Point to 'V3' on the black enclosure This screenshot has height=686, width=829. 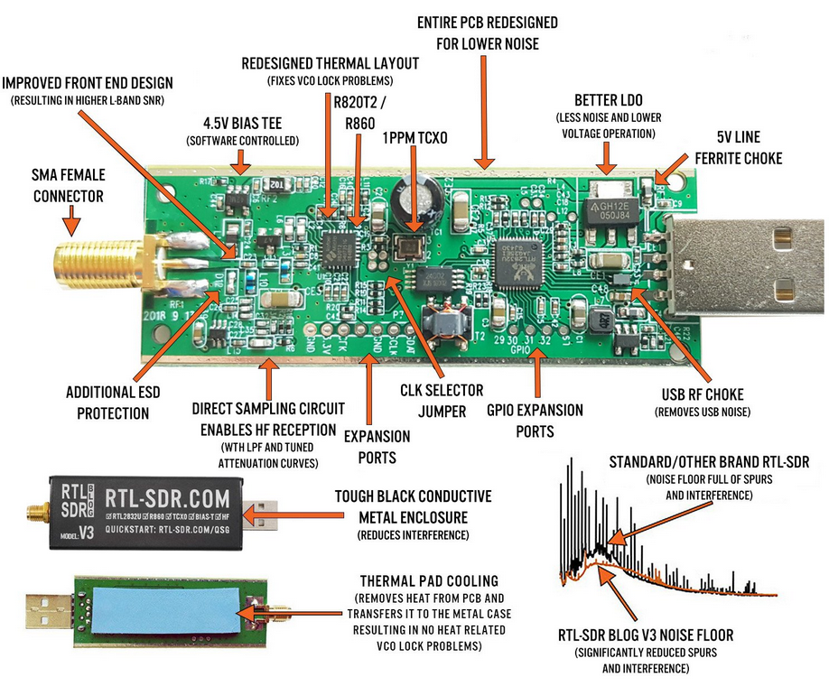tap(87, 533)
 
